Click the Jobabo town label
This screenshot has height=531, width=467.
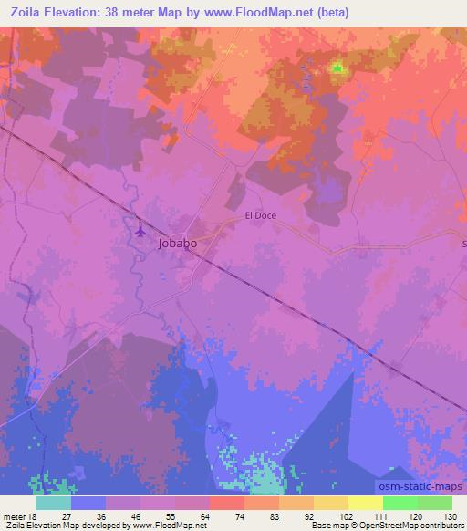pyautogui.click(x=177, y=244)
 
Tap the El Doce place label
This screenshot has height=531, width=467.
pyautogui.click(x=260, y=216)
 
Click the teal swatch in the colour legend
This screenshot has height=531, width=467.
pyautogui.click(x=54, y=503)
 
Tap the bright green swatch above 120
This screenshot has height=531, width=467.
pyautogui.click(x=400, y=503)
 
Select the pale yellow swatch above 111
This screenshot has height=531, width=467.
pyautogui.click(x=365, y=503)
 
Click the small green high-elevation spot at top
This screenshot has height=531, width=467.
pyautogui.click(x=337, y=67)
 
